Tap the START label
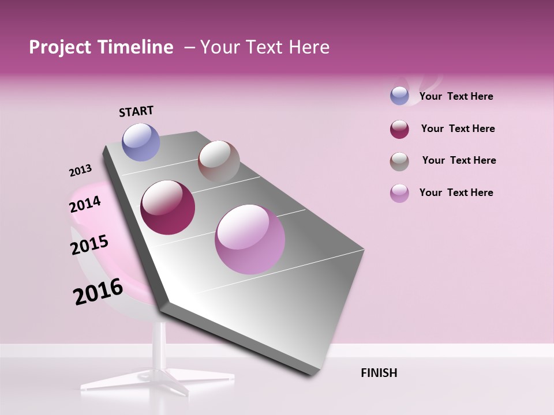click(136, 111)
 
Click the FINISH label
click(379, 373)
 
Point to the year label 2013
click(80, 171)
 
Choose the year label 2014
click(85, 204)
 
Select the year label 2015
click(89, 245)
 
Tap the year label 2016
click(98, 292)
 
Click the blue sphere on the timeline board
click(141, 142)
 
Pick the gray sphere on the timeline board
click(219, 161)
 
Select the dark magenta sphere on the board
click(168, 207)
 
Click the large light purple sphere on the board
click(250, 239)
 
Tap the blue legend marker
click(399, 96)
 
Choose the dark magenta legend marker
click(399, 129)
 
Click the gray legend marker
click(399, 161)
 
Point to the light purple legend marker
click(399, 193)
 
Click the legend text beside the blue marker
click(456, 96)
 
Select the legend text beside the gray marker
click(459, 160)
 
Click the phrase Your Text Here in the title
click(264, 47)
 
